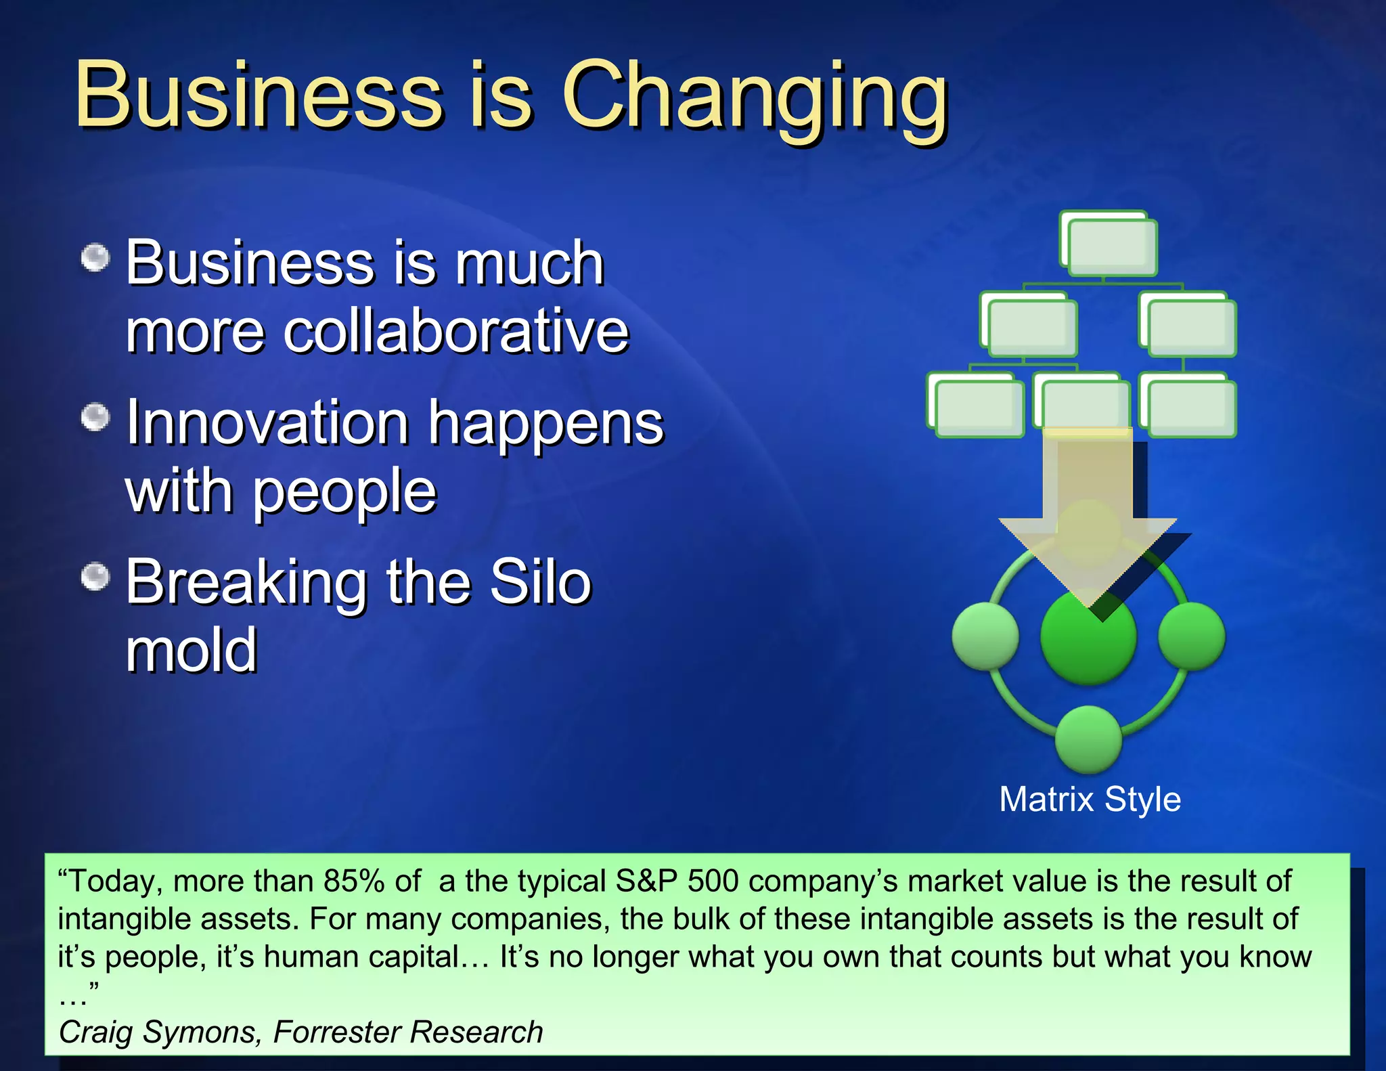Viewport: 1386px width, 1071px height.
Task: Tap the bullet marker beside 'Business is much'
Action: tap(95, 258)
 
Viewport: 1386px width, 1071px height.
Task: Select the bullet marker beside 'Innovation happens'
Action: tap(95, 417)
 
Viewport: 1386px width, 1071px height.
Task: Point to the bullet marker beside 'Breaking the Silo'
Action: tap(95, 577)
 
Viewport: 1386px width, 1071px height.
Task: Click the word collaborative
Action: tap(455, 331)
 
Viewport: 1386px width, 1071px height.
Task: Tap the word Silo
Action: tap(540, 582)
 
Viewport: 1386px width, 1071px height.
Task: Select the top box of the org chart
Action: tap(1110, 245)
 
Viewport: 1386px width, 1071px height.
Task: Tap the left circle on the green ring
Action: tap(985, 636)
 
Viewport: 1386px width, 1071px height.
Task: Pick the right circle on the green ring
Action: tap(1192, 636)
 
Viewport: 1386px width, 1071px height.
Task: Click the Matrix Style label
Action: tap(1090, 800)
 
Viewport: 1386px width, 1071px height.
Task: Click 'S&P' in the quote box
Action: tap(646, 881)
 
